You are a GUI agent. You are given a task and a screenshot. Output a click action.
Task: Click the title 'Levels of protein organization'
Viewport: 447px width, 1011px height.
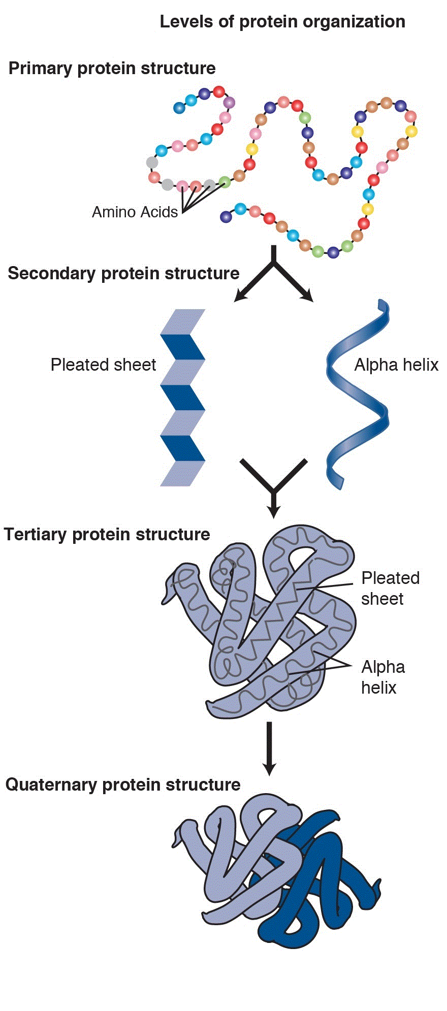(x=282, y=22)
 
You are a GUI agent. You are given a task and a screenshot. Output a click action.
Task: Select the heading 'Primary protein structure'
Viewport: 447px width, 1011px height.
(x=112, y=68)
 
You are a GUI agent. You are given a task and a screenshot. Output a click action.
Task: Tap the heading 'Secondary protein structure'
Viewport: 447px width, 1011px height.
(x=123, y=273)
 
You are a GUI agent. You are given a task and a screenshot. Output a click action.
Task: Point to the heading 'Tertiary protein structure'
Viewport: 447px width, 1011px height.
(x=107, y=534)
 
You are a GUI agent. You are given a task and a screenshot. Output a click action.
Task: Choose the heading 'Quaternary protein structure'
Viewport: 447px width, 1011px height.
(x=122, y=785)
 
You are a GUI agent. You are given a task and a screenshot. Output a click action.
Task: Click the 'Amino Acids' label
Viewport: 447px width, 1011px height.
(x=135, y=212)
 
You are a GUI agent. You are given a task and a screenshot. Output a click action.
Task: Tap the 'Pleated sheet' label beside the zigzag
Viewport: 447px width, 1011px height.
(x=103, y=365)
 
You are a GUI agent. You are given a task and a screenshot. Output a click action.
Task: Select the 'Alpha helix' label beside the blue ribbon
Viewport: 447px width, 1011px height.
(x=396, y=365)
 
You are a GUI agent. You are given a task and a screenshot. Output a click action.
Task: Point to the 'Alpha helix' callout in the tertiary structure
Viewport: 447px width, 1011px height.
(x=383, y=677)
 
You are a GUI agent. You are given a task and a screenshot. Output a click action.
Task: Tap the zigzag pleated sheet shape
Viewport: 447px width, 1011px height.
(x=182, y=398)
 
